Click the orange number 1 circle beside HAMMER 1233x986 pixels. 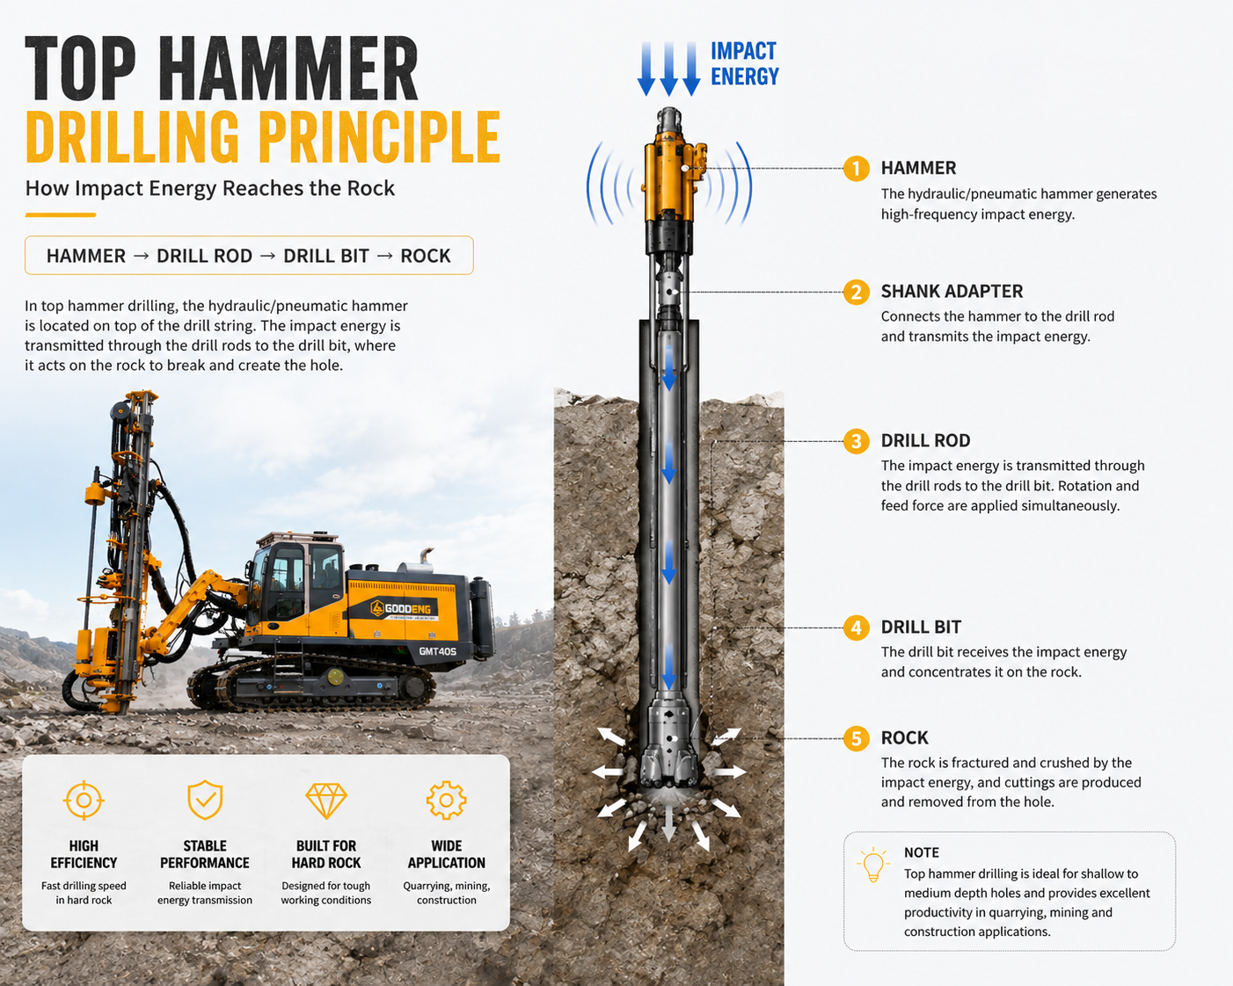tap(856, 169)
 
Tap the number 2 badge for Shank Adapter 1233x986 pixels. tap(856, 292)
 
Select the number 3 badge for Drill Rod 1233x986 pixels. tap(856, 441)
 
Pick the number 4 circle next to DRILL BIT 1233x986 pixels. tap(856, 628)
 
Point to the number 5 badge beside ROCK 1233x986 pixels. tap(856, 739)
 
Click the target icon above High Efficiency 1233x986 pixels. tap(84, 800)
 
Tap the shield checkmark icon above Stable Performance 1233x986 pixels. tap(205, 800)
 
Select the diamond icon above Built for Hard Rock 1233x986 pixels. tap(326, 801)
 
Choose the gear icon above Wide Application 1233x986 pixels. tap(447, 800)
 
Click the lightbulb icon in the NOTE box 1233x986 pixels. tap(873, 865)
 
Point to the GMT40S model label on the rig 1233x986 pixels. tap(437, 651)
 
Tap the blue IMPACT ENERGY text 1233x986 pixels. tap(744, 63)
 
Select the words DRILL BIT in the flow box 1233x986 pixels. tap(326, 256)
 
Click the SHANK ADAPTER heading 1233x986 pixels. tap(952, 292)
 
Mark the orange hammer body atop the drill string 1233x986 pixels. tap(670, 178)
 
